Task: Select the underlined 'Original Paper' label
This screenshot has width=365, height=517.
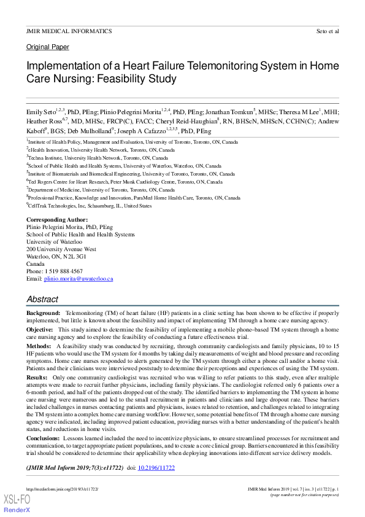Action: point(48,47)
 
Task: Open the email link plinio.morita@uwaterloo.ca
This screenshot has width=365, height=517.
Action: point(78,279)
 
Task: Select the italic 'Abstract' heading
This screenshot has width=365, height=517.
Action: point(42,299)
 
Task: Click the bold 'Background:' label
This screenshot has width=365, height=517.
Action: point(43,313)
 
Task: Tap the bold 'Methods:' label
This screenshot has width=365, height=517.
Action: point(39,346)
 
